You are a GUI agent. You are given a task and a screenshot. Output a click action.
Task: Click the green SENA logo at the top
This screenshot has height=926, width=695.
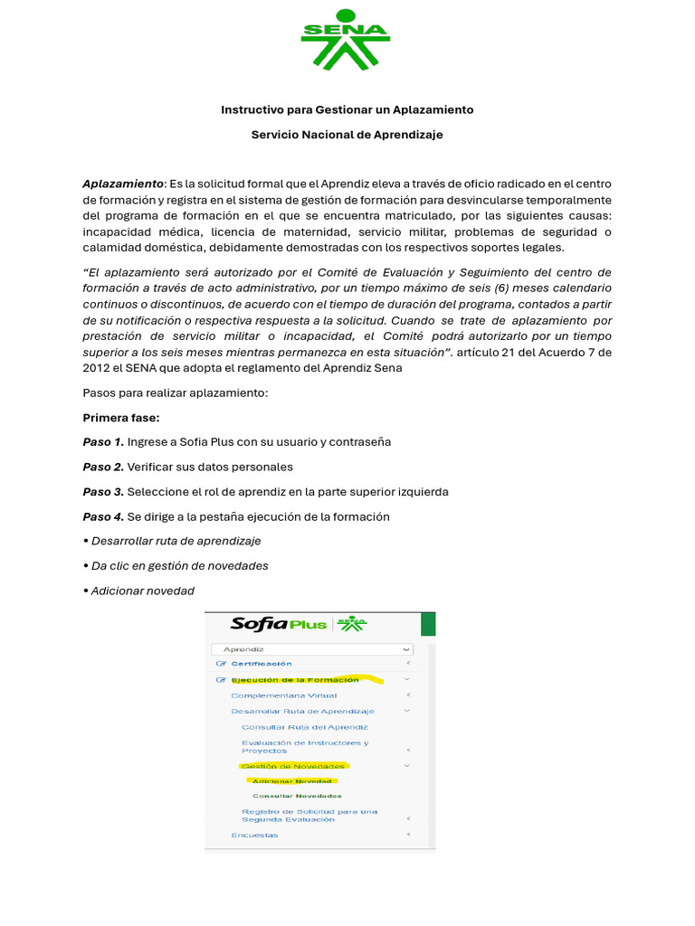(x=346, y=40)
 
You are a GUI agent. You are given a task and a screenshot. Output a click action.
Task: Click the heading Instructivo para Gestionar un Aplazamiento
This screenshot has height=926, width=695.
(x=347, y=109)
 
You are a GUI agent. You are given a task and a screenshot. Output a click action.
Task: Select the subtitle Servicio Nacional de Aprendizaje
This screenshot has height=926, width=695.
(x=347, y=135)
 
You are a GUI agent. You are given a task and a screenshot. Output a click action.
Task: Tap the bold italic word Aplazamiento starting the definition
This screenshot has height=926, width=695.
(x=123, y=184)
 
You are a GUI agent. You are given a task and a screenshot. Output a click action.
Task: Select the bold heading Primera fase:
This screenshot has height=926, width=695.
(x=120, y=418)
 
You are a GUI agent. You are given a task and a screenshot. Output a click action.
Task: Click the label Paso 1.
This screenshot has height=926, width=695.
(x=103, y=442)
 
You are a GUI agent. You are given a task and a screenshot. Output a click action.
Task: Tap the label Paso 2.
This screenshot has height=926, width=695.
(x=103, y=467)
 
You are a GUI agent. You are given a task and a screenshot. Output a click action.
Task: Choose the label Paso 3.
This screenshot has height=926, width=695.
(x=103, y=492)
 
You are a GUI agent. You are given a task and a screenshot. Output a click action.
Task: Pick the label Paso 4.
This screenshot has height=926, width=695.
(x=103, y=516)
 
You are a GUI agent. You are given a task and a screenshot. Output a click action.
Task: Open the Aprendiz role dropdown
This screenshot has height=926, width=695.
(x=311, y=649)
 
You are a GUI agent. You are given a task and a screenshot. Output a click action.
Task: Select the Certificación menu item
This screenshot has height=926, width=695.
(x=261, y=664)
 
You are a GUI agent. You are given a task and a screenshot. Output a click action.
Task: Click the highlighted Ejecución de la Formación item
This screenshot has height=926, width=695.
(x=294, y=679)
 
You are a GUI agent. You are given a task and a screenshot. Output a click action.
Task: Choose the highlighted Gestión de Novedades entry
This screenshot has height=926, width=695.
(x=292, y=766)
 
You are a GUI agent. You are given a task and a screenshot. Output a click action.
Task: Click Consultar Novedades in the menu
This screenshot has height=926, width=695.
(x=297, y=796)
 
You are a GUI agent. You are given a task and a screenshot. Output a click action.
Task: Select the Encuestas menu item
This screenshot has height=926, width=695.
(x=254, y=835)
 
